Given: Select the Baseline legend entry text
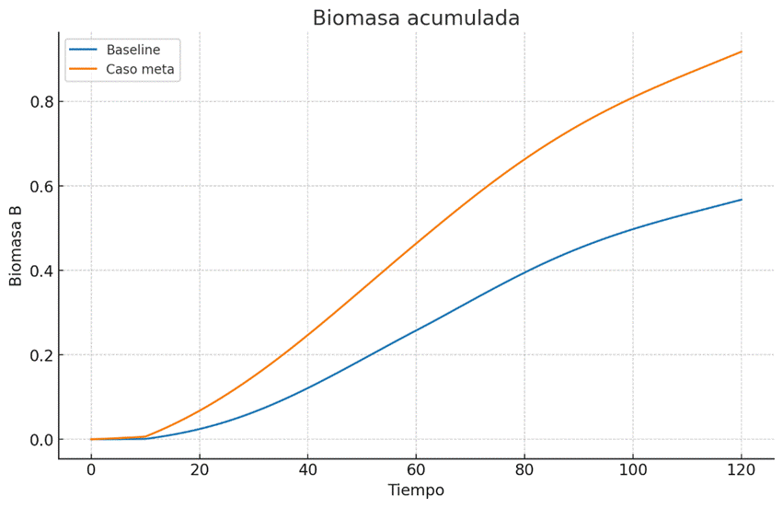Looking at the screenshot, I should (x=133, y=50).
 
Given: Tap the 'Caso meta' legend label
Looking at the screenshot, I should (x=141, y=69).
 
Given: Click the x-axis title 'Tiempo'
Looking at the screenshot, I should (x=416, y=491).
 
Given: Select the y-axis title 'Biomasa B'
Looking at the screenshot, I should (x=17, y=246).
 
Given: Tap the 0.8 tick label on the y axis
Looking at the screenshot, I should (x=36, y=101).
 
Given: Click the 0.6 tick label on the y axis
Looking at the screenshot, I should (x=36, y=186).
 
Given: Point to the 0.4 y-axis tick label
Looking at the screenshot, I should (x=36, y=271).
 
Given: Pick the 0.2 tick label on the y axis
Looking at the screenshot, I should (x=36, y=355).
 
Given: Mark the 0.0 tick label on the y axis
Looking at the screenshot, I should (x=36, y=440).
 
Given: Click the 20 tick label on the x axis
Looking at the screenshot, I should (x=200, y=470).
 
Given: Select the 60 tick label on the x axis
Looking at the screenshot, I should (x=416, y=470).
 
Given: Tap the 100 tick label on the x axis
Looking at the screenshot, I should (x=633, y=470).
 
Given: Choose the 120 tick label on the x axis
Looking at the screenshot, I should (x=741, y=470).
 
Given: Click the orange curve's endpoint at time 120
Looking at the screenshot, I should (x=741, y=52).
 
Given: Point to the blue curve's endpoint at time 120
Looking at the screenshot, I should (x=741, y=200).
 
